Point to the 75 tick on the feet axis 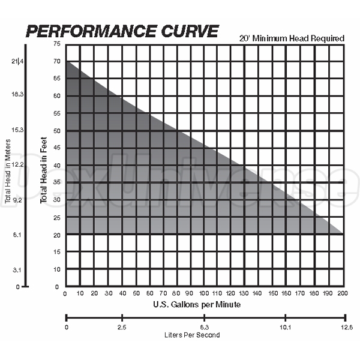57,44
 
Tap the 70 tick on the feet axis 57,62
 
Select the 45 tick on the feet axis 57,148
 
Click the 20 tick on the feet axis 57,235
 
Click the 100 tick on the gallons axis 205,293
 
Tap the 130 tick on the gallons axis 246,293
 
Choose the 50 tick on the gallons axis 135,293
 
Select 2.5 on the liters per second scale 122,327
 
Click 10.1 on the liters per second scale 285,327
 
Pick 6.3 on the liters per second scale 204,327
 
